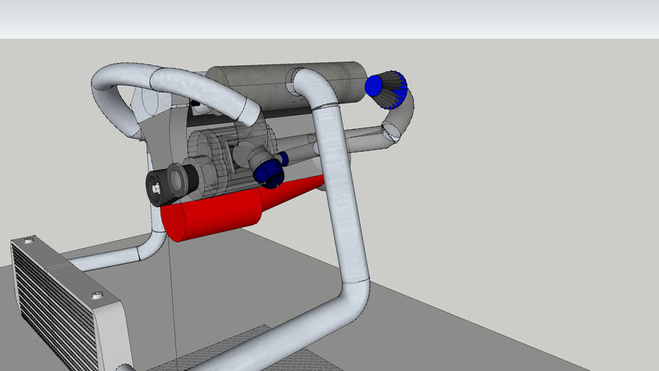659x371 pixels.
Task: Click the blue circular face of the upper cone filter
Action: coord(374,86)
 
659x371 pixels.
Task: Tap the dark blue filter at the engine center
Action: coord(269,173)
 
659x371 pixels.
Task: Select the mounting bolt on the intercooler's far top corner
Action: coord(28,240)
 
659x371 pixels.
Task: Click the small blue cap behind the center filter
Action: coord(285,158)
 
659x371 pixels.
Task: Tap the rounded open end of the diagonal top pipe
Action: coord(246,112)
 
